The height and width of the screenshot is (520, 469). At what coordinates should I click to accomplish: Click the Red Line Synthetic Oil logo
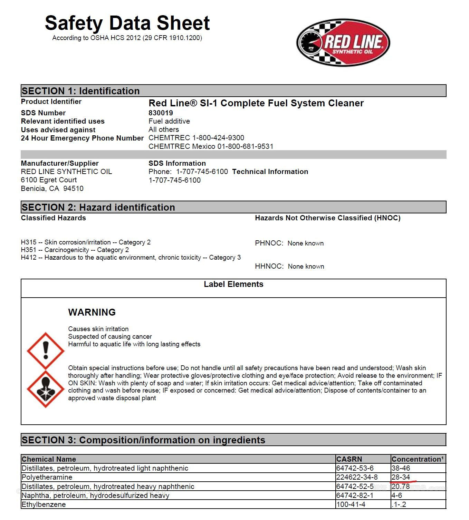(343, 42)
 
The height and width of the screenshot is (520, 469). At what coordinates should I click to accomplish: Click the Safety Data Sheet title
(127, 23)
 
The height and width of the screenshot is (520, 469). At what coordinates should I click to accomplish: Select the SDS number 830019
(161, 113)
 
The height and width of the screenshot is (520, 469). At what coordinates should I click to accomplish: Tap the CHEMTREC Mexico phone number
(211, 146)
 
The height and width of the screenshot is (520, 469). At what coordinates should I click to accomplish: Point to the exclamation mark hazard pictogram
(46, 351)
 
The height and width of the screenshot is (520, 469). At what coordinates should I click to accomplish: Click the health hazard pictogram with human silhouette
(46, 389)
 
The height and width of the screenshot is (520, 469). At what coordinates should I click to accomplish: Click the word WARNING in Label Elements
(92, 312)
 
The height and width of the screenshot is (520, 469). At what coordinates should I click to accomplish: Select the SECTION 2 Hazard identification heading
(98, 207)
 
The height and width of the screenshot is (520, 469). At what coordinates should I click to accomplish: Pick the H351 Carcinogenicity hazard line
(75, 250)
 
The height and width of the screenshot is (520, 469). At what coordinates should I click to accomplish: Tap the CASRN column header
(349, 459)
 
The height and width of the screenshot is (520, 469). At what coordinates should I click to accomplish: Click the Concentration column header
(418, 459)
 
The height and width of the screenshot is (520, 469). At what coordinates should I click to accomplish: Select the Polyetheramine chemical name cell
(47, 477)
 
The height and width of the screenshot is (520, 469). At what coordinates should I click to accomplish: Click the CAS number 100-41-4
(351, 504)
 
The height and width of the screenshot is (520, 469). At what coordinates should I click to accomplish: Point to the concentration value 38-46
(401, 468)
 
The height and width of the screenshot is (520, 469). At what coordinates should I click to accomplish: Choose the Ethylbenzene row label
(44, 504)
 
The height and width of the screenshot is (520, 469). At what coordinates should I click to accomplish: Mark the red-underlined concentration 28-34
(401, 477)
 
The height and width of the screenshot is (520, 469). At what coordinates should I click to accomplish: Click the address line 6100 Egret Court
(49, 180)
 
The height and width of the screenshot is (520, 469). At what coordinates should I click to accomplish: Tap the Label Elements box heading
(233, 284)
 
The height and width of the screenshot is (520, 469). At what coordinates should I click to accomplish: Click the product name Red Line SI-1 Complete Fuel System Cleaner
(256, 103)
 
